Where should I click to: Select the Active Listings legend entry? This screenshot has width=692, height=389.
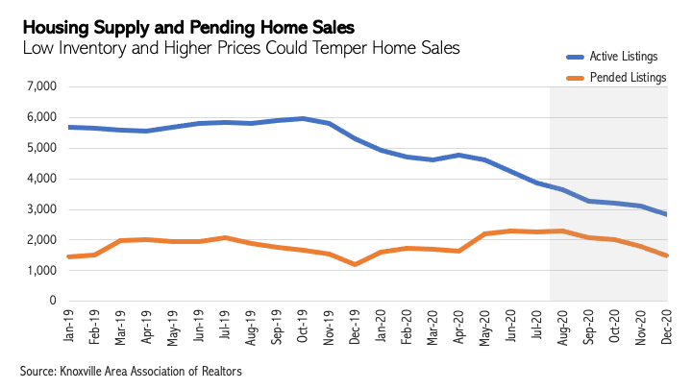pos(621,57)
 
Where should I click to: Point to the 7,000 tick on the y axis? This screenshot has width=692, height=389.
pos(42,86)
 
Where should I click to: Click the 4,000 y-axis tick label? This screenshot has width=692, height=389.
pos(42,179)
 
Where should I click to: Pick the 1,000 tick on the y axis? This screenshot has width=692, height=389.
pos(42,271)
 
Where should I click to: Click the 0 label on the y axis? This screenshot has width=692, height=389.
pos(55,302)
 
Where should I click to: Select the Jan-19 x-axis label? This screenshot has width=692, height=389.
pos(68,328)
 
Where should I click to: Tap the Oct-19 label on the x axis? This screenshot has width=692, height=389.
pos(304,328)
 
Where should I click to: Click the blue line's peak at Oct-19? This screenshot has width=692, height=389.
pos(304,118)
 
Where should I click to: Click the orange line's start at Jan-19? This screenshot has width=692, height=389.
pos(68,256)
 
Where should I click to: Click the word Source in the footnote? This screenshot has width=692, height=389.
pos(37,370)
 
